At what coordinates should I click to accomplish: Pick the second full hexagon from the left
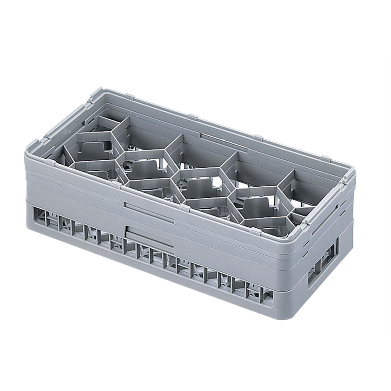[x=144, y=168]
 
